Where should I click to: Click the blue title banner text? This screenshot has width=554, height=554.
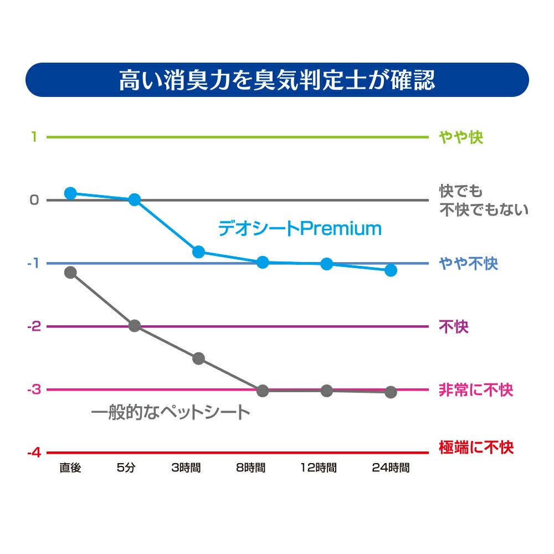tap(277, 80)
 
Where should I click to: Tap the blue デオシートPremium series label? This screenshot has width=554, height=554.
tap(300, 228)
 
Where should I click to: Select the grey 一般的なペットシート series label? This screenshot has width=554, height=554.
tap(171, 412)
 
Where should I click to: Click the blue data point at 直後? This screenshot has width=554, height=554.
tap(70, 193)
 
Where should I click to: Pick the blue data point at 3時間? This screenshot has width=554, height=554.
tap(198, 252)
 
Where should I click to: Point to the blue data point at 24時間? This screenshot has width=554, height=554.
tap(391, 270)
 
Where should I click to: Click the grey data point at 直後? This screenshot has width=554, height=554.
tap(70, 272)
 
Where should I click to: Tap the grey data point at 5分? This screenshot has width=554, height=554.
tap(135, 326)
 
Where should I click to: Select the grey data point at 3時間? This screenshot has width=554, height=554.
tap(198, 358)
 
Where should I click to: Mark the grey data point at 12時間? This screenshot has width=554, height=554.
tap(327, 391)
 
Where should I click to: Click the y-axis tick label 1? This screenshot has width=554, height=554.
tap(34, 136)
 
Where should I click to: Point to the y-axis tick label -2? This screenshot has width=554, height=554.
tap(34, 326)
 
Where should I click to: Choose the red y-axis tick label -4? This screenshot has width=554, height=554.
tap(34, 453)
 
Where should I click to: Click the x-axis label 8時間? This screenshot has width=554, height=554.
tap(250, 468)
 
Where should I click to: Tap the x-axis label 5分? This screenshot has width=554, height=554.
tap(126, 468)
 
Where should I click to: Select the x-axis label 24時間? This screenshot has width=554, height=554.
tap(391, 468)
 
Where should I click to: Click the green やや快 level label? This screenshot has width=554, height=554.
tap(461, 137)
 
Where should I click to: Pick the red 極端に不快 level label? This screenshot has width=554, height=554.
tap(476, 447)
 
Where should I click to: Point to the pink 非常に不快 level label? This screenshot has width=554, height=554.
tap(476, 389)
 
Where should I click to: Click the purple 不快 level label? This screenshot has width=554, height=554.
tap(454, 327)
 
